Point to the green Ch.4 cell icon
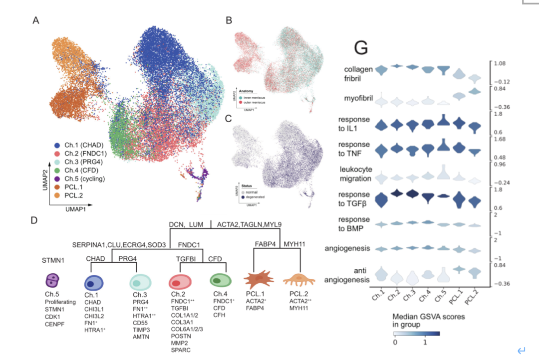[220, 280]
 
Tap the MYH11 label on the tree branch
[296, 243]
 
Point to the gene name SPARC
[181, 350]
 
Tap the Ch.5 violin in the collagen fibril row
[443, 71]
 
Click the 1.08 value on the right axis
[499, 64]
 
